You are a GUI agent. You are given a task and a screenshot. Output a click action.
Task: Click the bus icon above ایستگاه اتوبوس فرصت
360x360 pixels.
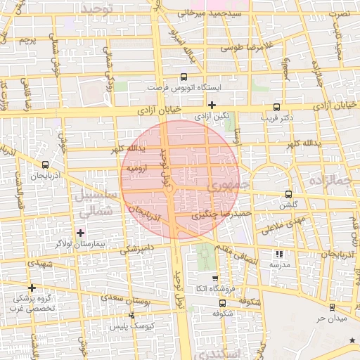tap(184, 77)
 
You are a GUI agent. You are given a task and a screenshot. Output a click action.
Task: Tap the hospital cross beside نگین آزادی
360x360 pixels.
tap(212, 105)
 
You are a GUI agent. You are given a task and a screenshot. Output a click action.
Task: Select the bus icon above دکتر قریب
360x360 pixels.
tap(275, 108)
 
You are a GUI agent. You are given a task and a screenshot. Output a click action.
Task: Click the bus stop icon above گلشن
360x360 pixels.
tap(288, 194)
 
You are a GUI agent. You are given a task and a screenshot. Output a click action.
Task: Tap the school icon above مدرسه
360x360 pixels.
tap(279, 254)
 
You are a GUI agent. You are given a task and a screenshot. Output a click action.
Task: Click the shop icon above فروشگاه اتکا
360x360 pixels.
tap(215, 279)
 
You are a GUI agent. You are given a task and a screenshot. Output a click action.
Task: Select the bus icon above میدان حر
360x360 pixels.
tap(332, 307)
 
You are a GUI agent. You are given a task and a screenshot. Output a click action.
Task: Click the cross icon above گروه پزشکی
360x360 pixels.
tap(32, 287)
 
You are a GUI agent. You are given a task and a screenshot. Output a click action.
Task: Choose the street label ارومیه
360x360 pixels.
tap(135, 169)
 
